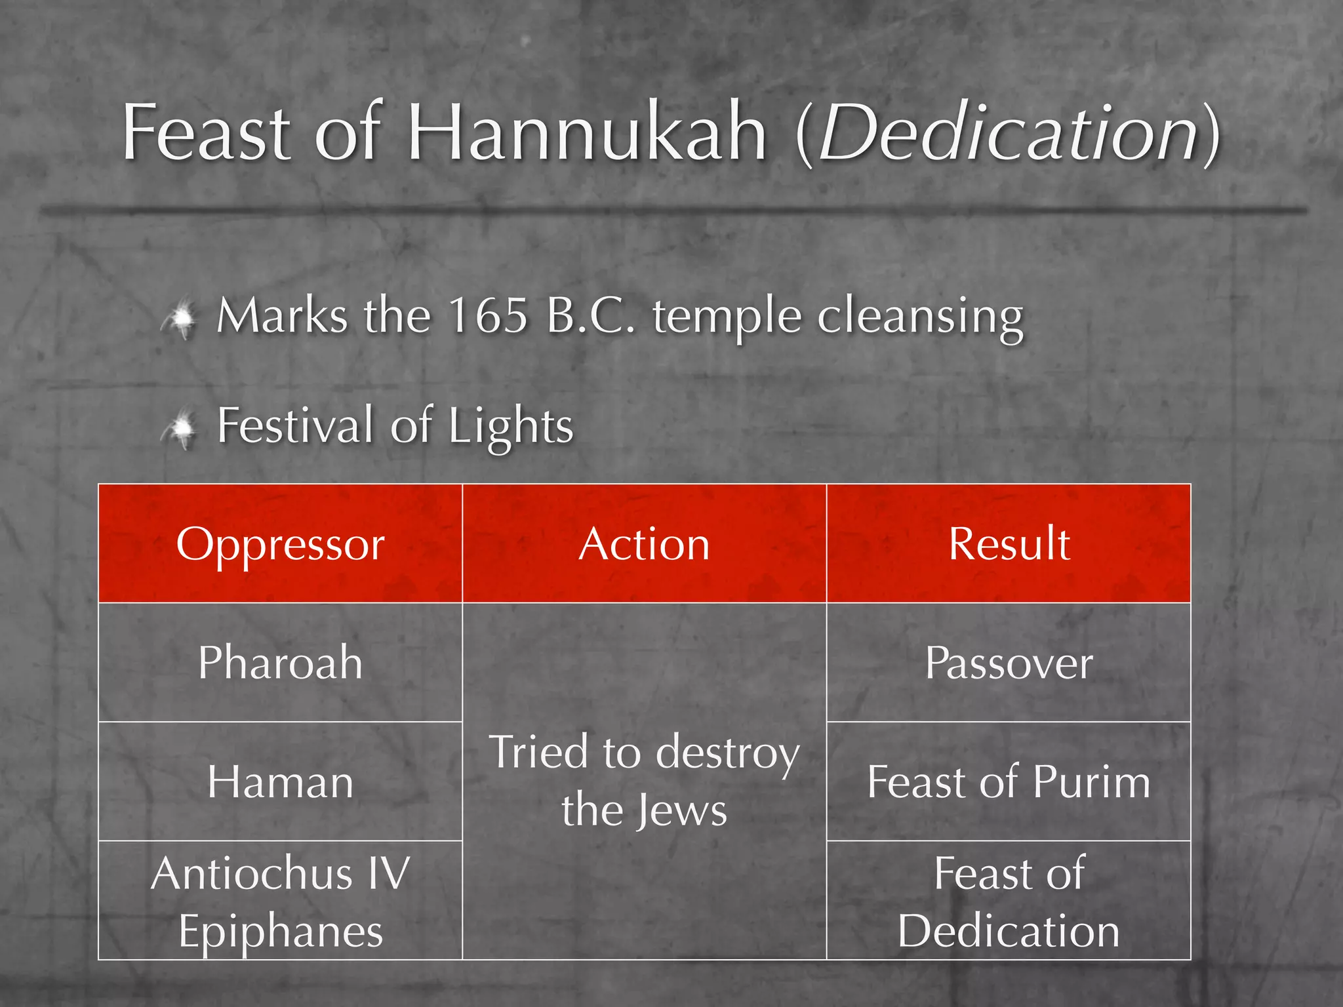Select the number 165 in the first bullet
click(488, 316)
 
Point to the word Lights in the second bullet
click(511, 426)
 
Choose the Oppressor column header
click(280, 544)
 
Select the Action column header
click(644, 544)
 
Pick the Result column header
click(1009, 544)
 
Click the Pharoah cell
click(280, 663)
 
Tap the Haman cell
click(280, 782)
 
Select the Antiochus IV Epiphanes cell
click(280, 901)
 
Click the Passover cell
click(1009, 663)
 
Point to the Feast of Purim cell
click(1009, 782)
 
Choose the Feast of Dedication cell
click(1009, 901)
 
